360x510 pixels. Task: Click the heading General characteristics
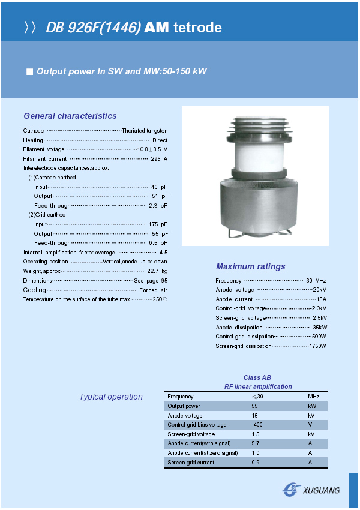[x=70, y=116]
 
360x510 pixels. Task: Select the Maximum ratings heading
[x=251, y=266]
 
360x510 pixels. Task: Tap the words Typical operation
[x=111, y=397]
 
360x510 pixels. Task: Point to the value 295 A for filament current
[x=159, y=158]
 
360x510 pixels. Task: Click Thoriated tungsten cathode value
[x=145, y=130]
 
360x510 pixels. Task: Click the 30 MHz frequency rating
[x=316, y=280]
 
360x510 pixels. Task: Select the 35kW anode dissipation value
[x=320, y=327]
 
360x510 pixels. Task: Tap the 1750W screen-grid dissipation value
[x=318, y=346]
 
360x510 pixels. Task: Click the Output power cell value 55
[x=254, y=406]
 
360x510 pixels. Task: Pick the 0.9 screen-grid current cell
[x=255, y=463]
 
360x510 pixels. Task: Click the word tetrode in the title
[x=197, y=28]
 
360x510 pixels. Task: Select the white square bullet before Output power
[x=29, y=71]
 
